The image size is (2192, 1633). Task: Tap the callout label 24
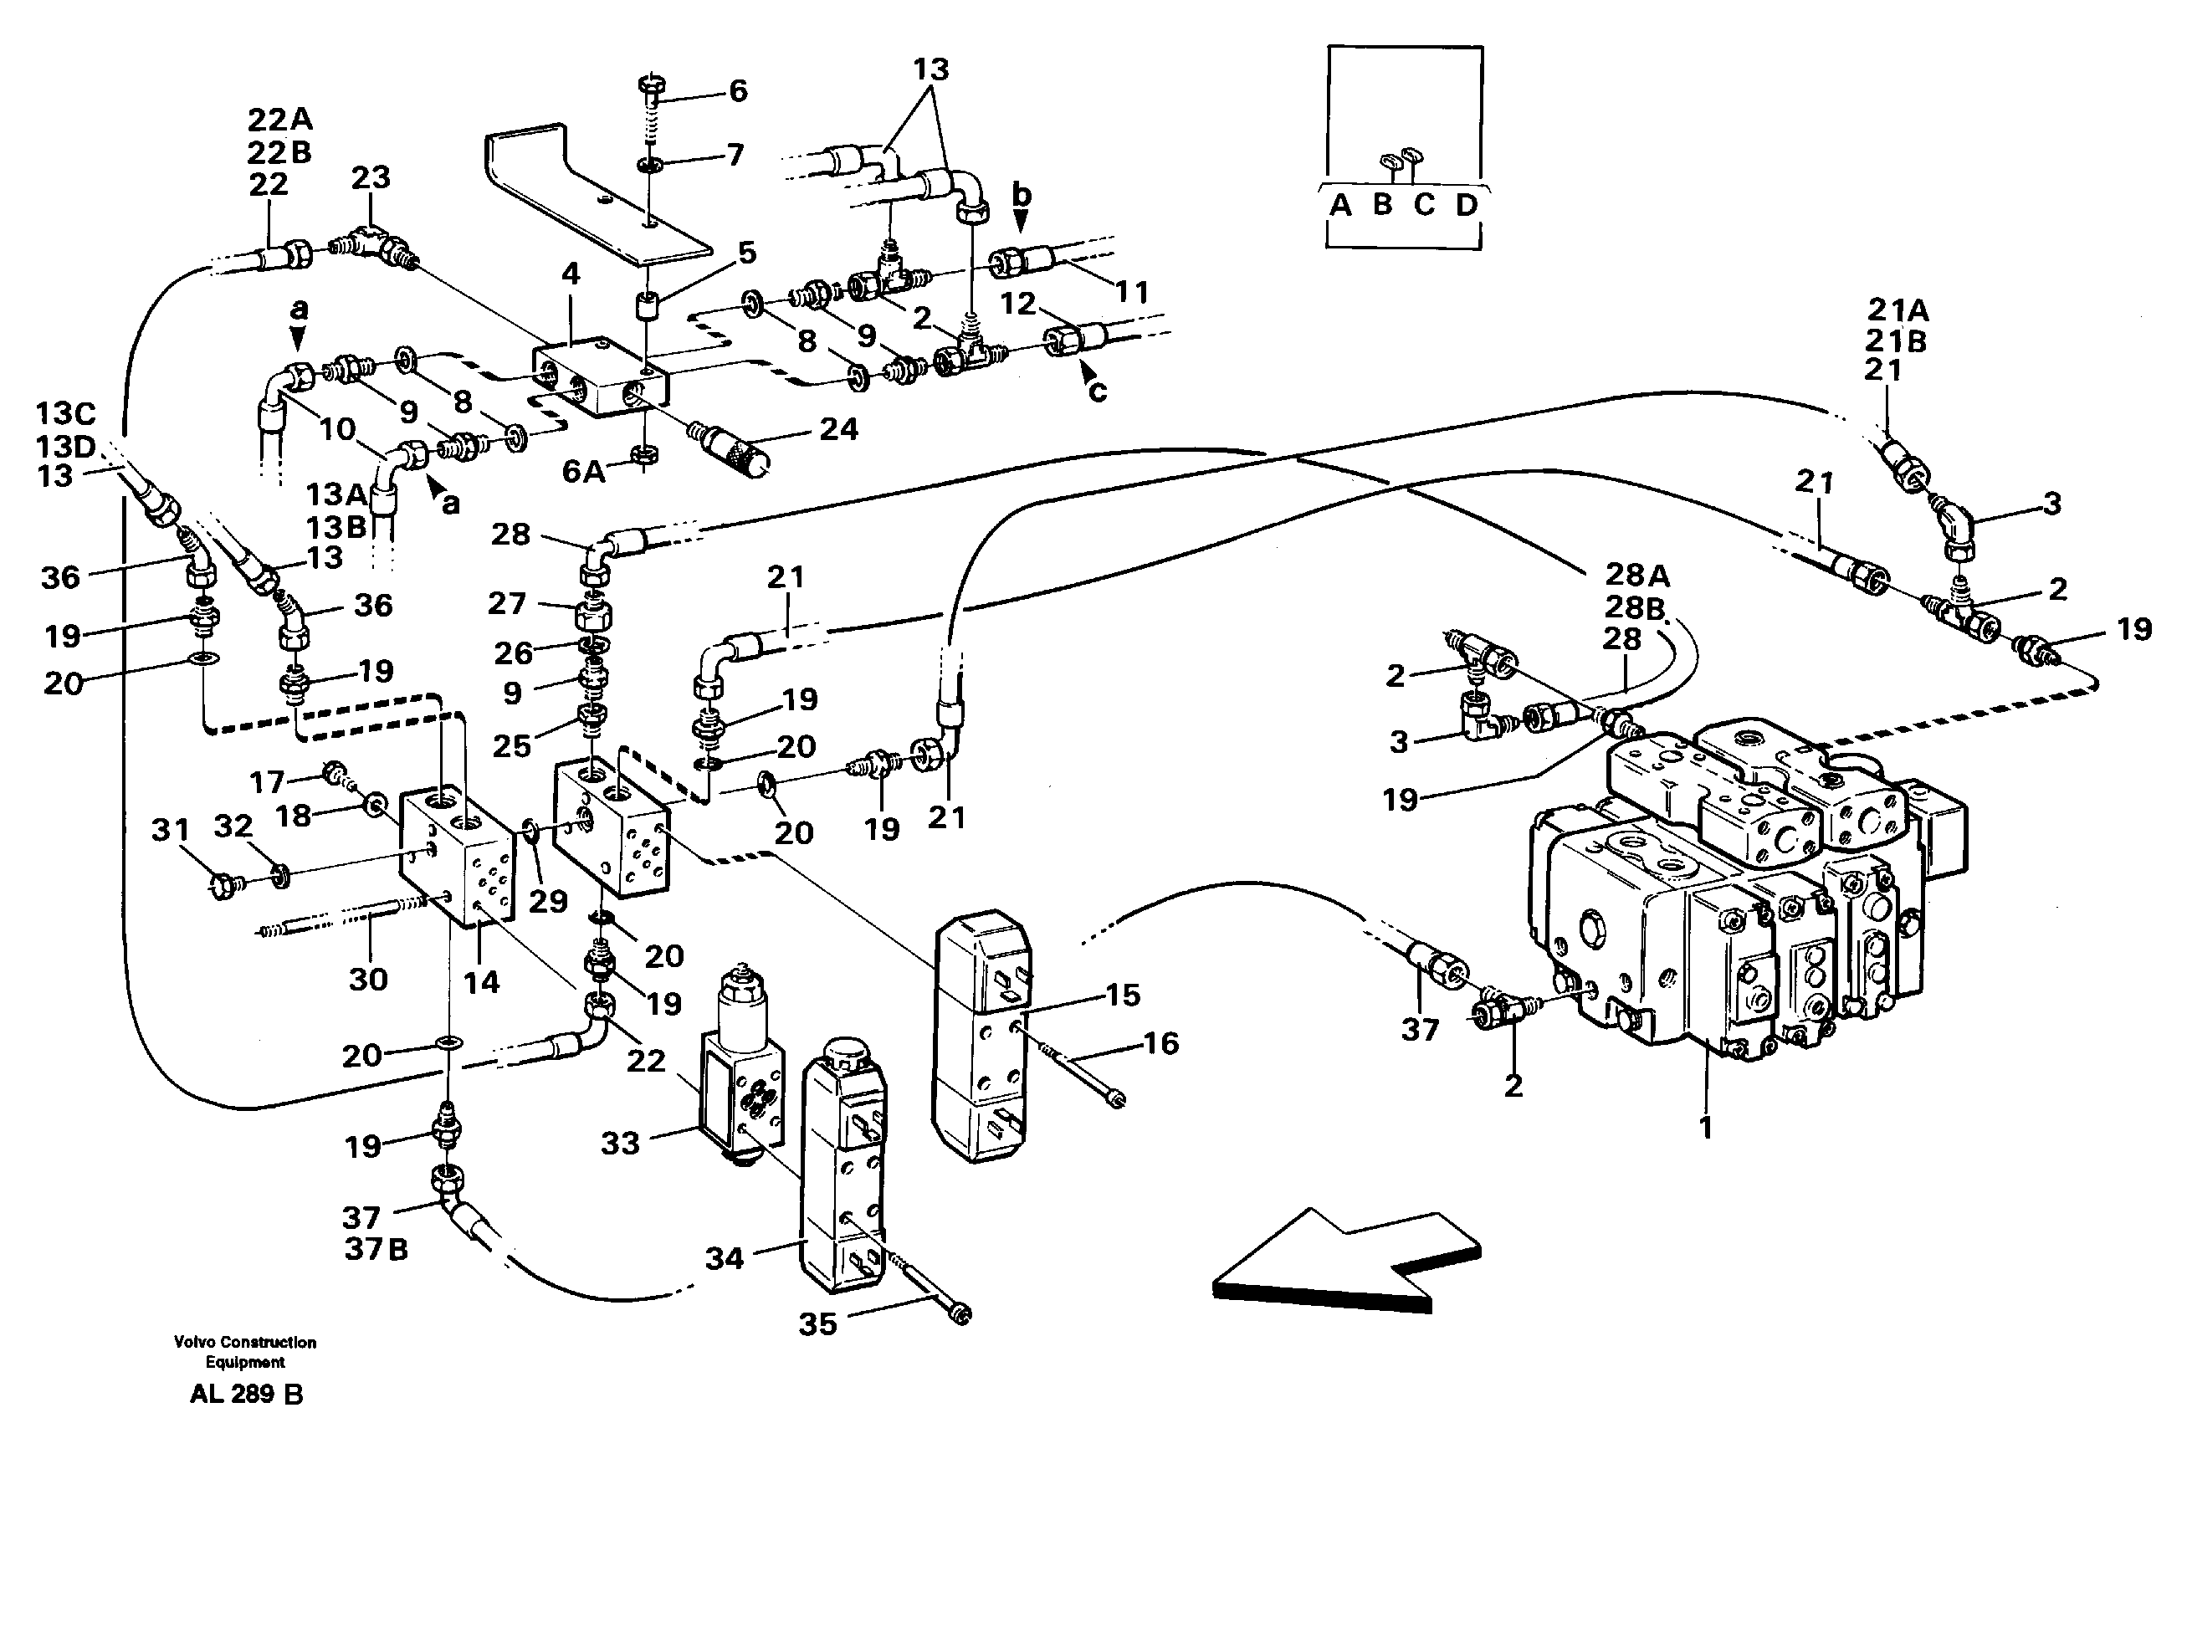point(838,429)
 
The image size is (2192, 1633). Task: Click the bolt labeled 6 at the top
point(653,94)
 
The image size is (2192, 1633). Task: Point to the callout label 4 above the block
point(571,274)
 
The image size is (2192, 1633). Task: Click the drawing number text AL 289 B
point(246,1395)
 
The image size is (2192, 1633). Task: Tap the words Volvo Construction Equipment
point(245,1351)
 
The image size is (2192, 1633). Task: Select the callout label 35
point(817,1324)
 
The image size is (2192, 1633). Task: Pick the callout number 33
point(621,1143)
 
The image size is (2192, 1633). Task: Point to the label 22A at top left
point(279,120)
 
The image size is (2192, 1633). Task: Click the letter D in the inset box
point(1466,205)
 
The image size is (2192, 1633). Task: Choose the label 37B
point(376,1250)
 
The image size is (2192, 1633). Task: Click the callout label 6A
point(583,472)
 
